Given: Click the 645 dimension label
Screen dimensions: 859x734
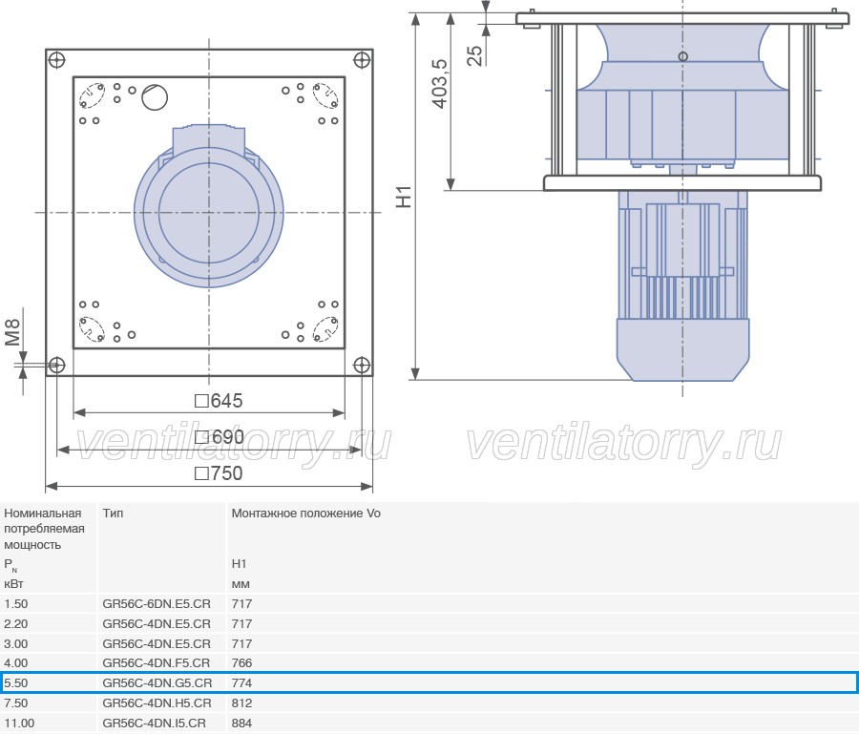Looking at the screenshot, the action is click(x=219, y=401).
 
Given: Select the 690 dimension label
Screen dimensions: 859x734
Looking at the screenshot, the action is click(x=220, y=437).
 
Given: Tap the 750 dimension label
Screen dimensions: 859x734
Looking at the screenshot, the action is click(x=219, y=473).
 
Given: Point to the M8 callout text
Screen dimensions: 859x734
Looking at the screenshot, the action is click(x=12, y=332).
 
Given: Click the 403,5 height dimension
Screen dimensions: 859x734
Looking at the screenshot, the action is click(x=440, y=84).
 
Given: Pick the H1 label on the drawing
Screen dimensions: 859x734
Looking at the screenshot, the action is click(x=404, y=198).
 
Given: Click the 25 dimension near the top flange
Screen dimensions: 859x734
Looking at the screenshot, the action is click(x=475, y=55).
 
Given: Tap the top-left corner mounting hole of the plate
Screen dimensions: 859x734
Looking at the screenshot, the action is click(x=57, y=60).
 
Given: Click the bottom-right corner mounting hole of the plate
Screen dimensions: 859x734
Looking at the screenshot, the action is click(x=362, y=365).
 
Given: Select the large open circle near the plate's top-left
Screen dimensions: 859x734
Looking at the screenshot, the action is click(x=155, y=97).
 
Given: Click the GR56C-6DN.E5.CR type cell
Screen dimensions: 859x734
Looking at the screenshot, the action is click(x=157, y=603).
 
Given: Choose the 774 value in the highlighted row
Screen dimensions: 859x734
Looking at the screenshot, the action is click(x=241, y=683).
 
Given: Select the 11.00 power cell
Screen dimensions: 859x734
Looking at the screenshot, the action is click(x=19, y=724).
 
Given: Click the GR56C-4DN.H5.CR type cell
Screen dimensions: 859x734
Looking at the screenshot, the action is click(x=157, y=703).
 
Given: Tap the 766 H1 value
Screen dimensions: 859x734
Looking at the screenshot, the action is click(x=241, y=662).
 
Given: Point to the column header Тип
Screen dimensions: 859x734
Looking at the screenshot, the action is click(x=113, y=514).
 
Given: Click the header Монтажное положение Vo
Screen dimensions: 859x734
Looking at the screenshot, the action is click(x=305, y=514).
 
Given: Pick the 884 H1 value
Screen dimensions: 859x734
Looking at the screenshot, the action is click(x=241, y=724).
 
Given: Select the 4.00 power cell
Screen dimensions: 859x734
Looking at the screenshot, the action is click(x=16, y=662).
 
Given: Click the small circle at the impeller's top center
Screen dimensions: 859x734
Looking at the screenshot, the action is click(x=682, y=56).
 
